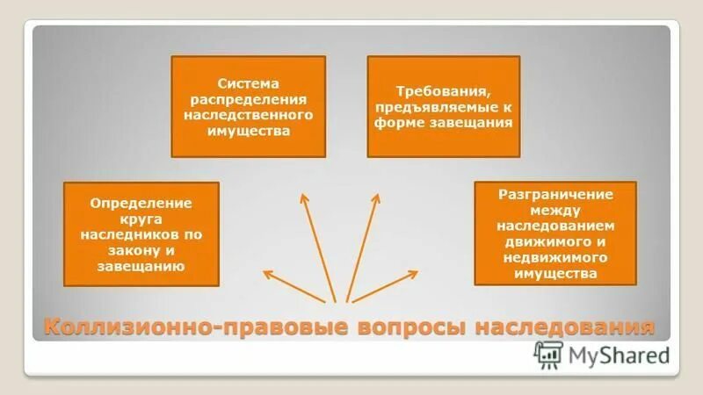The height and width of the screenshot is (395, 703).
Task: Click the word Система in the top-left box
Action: pyautogui.click(x=248, y=83)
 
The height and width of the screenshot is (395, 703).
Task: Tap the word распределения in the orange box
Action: pyautogui.click(x=248, y=99)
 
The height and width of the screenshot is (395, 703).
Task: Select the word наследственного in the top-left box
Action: pyautogui.click(x=248, y=115)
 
